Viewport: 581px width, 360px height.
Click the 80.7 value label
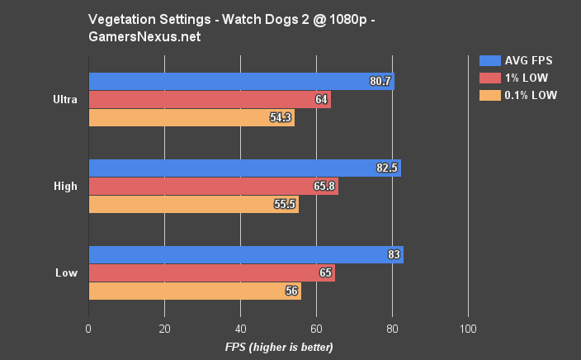click(x=380, y=82)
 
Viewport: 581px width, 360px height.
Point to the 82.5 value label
click(x=387, y=168)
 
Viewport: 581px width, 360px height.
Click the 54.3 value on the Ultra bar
click(x=281, y=118)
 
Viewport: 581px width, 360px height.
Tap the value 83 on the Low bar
click(x=394, y=255)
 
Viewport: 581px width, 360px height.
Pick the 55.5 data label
click(x=285, y=205)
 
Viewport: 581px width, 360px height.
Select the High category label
click(x=64, y=187)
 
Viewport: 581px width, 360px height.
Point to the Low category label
click(x=66, y=273)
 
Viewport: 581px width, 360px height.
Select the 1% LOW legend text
click(x=531, y=78)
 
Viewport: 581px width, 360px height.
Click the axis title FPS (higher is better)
click(x=278, y=347)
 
